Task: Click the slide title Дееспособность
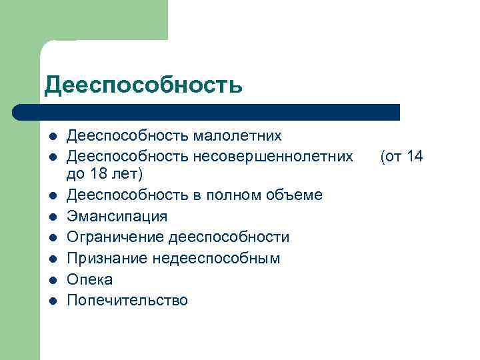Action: pyautogui.click(x=143, y=85)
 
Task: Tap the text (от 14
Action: pyautogui.click(x=401, y=157)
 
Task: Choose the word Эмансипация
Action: pyautogui.click(x=117, y=216)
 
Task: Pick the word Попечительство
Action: pyautogui.click(x=127, y=300)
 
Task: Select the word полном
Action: pyautogui.click(x=223, y=195)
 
